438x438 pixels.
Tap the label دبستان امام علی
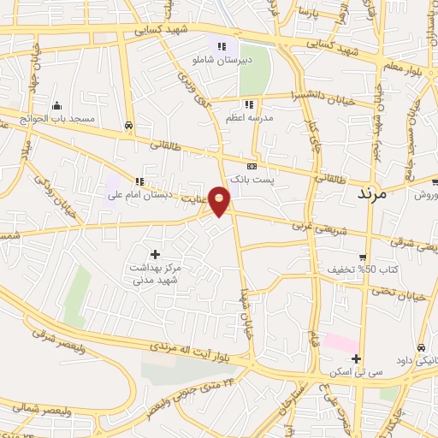point(139,194)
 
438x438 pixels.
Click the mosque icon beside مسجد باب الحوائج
point(57,105)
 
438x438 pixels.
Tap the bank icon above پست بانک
point(252,166)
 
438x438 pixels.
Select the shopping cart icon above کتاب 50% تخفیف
point(363,257)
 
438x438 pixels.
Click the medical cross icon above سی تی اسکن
point(357,358)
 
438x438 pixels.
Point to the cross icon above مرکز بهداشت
point(155,253)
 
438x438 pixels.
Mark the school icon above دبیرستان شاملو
point(222,46)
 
